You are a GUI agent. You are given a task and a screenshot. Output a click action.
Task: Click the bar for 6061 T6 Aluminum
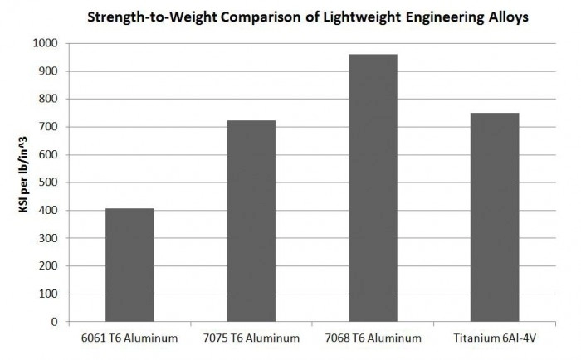pyautogui.click(x=129, y=265)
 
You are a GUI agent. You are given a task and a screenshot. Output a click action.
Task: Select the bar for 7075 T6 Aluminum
pyautogui.click(x=251, y=221)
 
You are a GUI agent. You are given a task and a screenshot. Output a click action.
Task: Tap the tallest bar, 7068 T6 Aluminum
pyautogui.click(x=373, y=187)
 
